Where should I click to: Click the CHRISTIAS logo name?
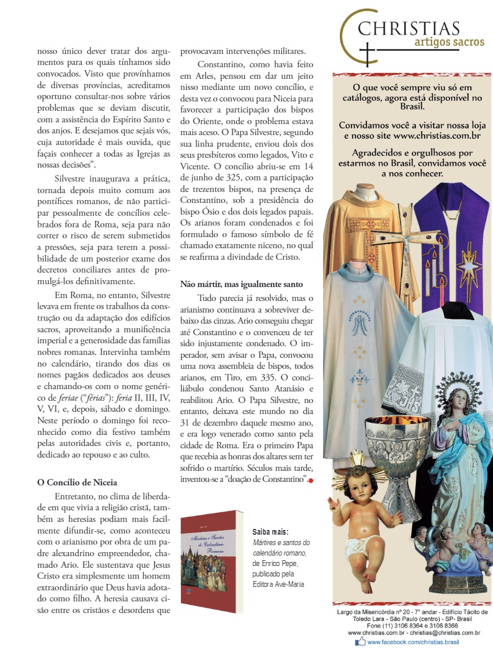point(409,28)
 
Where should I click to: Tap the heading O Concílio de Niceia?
point(77,482)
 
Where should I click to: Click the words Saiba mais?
point(270,532)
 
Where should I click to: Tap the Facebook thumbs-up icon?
point(360,641)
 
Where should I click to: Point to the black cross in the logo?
point(368,55)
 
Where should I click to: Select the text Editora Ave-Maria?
point(278,584)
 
